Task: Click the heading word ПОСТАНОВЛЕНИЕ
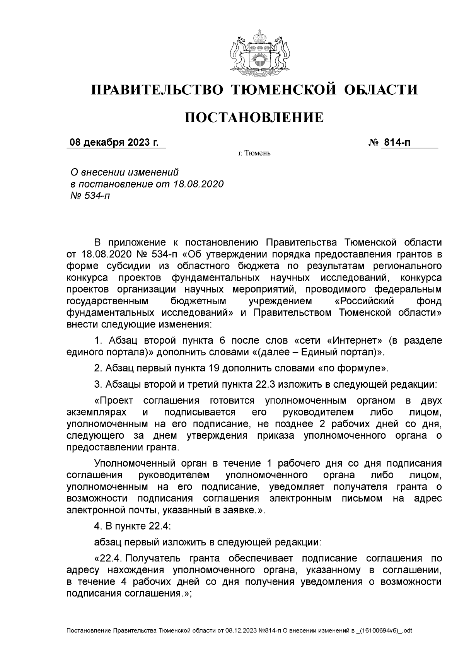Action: pos(254,118)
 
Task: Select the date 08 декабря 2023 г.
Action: pos(114,143)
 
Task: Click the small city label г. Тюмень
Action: pos(254,153)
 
